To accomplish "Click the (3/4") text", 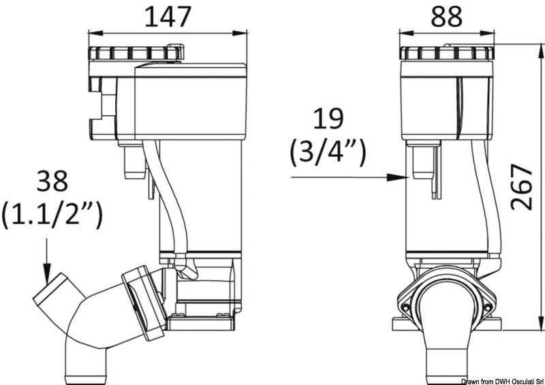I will point(328,154).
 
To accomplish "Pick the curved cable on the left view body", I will point(167,204).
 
